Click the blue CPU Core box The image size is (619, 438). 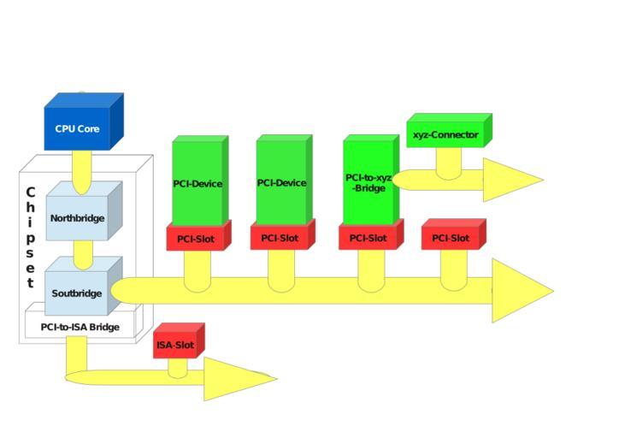click(x=78, y=129)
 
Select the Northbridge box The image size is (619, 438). click(x=78, y=217)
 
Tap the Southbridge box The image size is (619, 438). click(x=77, y=293)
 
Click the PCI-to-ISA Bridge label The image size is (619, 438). click(x=80, y=327)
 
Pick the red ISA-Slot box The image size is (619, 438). click(x=175, y=346)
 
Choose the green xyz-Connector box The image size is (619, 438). click(x=445, y=134)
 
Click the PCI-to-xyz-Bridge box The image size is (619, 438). click(x=368, y=182)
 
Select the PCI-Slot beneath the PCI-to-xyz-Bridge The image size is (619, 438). click(x=368, y=239)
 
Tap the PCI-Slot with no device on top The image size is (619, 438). click(x=451, y=238)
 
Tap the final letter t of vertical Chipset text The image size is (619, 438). click(x=31, y=282)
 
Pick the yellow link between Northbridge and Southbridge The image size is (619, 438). click(x=83, y=253)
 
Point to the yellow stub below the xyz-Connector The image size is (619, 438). click(x=448, y=162)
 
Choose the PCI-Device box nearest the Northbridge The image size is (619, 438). click(x=197, y=182)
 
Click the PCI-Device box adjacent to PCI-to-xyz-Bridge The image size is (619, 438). click(x=281, y=182)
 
